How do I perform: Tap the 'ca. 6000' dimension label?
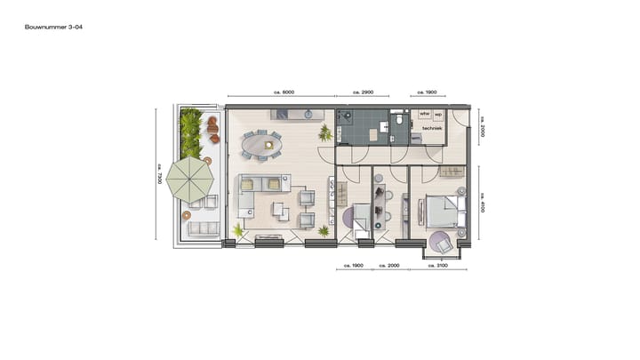283,92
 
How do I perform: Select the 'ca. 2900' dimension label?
363,92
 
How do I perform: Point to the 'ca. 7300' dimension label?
160,175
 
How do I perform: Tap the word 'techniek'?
432,129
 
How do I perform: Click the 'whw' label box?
424,115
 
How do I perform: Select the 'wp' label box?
438,115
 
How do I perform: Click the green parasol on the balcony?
191,179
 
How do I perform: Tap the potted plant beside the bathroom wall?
325,133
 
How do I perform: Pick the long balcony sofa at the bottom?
204,230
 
